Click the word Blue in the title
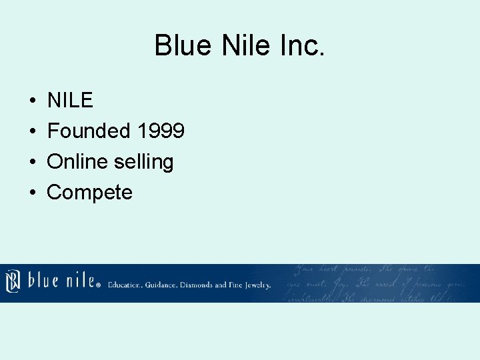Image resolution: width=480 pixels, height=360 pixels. tap(180, 46)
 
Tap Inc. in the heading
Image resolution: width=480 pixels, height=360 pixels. tap(301, 46)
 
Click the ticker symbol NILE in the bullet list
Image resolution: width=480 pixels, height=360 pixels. tap(70, 100)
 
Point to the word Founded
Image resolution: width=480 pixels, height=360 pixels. tap(89, 131)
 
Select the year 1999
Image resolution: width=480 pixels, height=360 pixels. tap(160, 131)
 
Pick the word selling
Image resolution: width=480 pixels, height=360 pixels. tap(145, 162)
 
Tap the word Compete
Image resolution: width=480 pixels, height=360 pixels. tap(89, 192)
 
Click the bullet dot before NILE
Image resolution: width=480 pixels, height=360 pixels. tap(32, 101)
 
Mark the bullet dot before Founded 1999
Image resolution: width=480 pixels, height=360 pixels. tap(32, 131)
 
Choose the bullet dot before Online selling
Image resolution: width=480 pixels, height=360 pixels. tap(32, 162)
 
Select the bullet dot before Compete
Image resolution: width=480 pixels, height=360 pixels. tap(32, 193)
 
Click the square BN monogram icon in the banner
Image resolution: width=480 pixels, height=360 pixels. tap(13, 280)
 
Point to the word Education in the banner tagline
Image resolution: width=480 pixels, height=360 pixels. tap(125, 285)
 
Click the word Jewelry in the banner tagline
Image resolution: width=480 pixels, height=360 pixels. tap(257, 285)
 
